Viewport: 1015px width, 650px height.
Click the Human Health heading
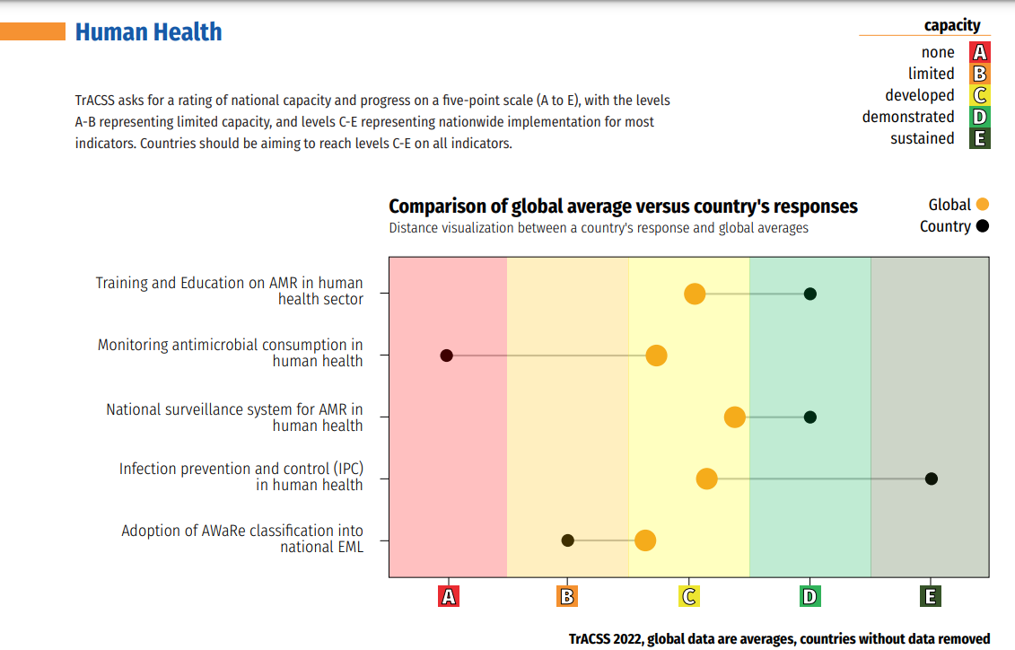[148, 32]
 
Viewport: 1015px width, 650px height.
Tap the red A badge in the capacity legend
[980, 52]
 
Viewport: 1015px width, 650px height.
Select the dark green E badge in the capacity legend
[980, 138]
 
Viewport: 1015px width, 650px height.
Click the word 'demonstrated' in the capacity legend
[908, 117]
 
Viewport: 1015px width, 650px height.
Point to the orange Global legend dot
[982, 205]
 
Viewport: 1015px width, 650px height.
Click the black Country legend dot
[982, 226]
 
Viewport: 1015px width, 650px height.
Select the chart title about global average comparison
[623, 206]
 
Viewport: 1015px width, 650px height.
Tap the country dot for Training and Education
[810, 294]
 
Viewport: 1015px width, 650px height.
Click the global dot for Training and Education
[695, 294]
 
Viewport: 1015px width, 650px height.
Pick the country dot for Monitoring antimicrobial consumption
[446, 356]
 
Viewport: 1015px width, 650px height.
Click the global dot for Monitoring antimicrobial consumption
[657, 356]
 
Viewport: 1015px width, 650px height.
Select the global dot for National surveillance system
[735, 417]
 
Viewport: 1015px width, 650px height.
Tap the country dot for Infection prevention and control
[932, 479]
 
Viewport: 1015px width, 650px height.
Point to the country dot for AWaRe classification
[567, 540]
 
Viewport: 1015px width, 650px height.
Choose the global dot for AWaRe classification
[645, 540]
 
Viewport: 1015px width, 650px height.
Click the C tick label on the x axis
[689, 596]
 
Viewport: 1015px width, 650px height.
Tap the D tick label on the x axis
[810, 596]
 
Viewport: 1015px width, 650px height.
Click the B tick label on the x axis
[567, 596]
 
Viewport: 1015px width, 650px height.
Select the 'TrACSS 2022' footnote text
[779, 639]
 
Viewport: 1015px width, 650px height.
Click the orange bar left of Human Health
[33, 32]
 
